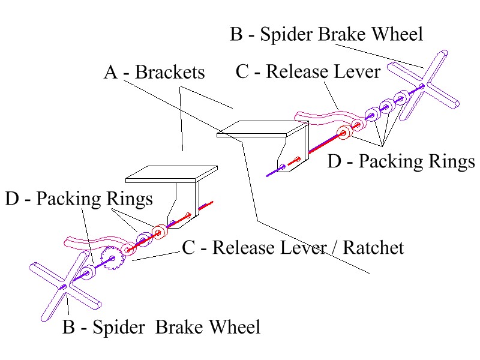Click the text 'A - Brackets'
pos(154,73)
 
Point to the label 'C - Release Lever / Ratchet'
pos(293,247)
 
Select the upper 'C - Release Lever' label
pos(308,72)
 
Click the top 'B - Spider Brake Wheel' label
pos(326,34)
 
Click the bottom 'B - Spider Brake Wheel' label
pos(161,327)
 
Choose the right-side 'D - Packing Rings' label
pos(401,162)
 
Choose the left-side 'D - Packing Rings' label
pos(79,199)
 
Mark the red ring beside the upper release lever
pos(344,133)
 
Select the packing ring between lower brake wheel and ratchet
pos(88,272)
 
